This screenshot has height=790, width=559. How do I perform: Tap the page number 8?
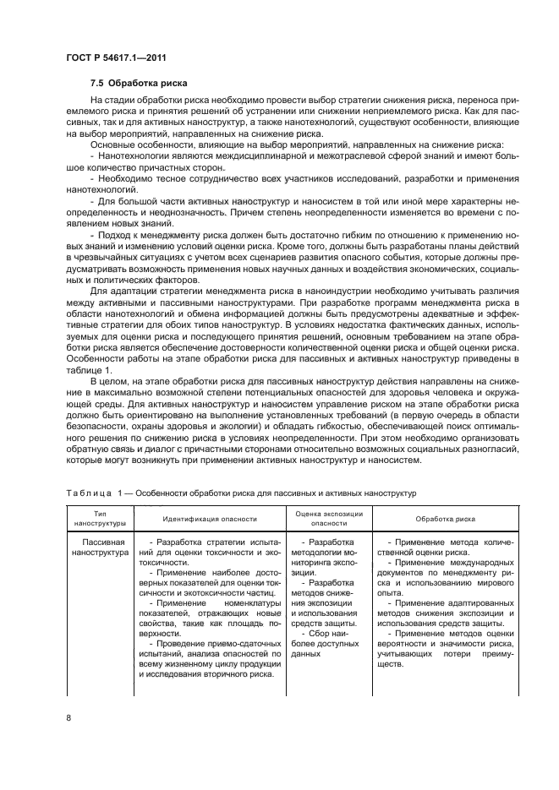(x=69, y=718)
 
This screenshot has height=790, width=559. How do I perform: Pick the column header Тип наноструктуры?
(x=97, y=518)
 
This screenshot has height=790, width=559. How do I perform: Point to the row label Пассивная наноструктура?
(x=97, y=546)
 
